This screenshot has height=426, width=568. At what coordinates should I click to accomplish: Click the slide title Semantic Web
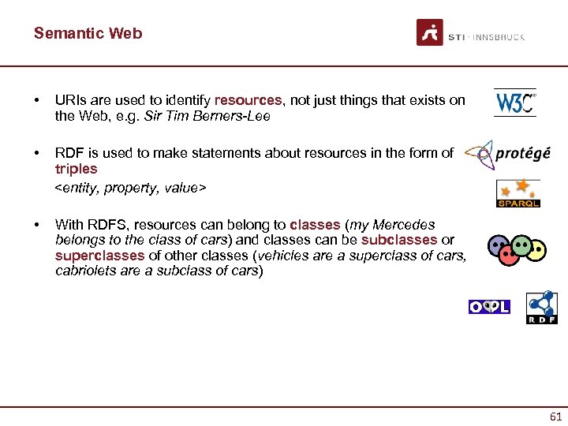click(88, 33)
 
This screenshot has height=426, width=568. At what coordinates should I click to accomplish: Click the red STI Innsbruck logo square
click(430, 32)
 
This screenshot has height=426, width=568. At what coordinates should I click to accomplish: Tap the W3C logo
click(514, 103)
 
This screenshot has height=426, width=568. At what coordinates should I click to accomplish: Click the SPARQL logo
click(518, 193)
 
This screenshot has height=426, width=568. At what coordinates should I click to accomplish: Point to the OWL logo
click(489, 307)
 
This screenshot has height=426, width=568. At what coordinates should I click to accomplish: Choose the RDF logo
click(542, 307)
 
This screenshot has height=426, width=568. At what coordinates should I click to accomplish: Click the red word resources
click(248, 100)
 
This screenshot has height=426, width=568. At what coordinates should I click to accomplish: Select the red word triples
click(77, 169)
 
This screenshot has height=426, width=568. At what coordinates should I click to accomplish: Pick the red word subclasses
click(399, 240)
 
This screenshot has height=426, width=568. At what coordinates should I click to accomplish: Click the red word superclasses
click(99, 256)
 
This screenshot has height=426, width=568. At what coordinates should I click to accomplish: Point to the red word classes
click(315, 225)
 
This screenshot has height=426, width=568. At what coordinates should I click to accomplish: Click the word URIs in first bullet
click(69, 100)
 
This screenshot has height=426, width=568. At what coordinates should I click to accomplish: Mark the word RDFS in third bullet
click(102, 225)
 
